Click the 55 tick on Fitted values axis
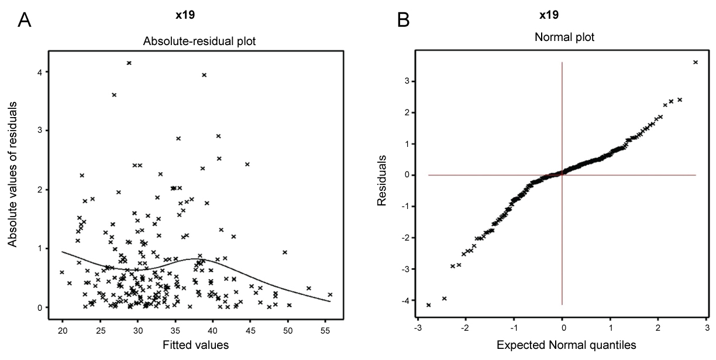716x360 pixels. [325, 330]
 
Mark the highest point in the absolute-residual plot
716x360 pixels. [129, 63]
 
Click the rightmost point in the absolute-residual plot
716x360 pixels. [330, 294]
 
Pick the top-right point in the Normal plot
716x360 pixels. [695, 62]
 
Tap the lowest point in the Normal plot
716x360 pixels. [429, 305]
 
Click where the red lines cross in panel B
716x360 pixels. [562, 175]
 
